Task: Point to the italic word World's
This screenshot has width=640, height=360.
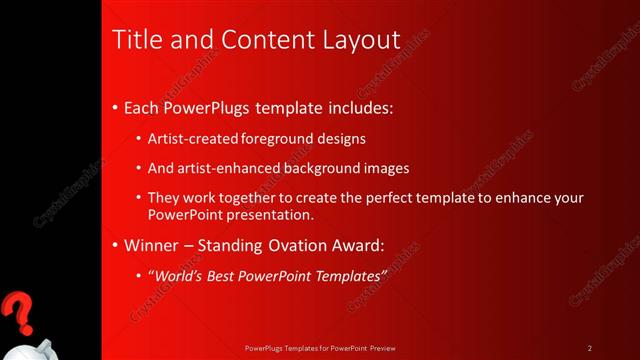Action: (x=177, y=274)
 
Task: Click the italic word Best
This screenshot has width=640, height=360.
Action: (x=226, y=274)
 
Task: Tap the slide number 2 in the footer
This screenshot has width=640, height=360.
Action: (x=590, y=348)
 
